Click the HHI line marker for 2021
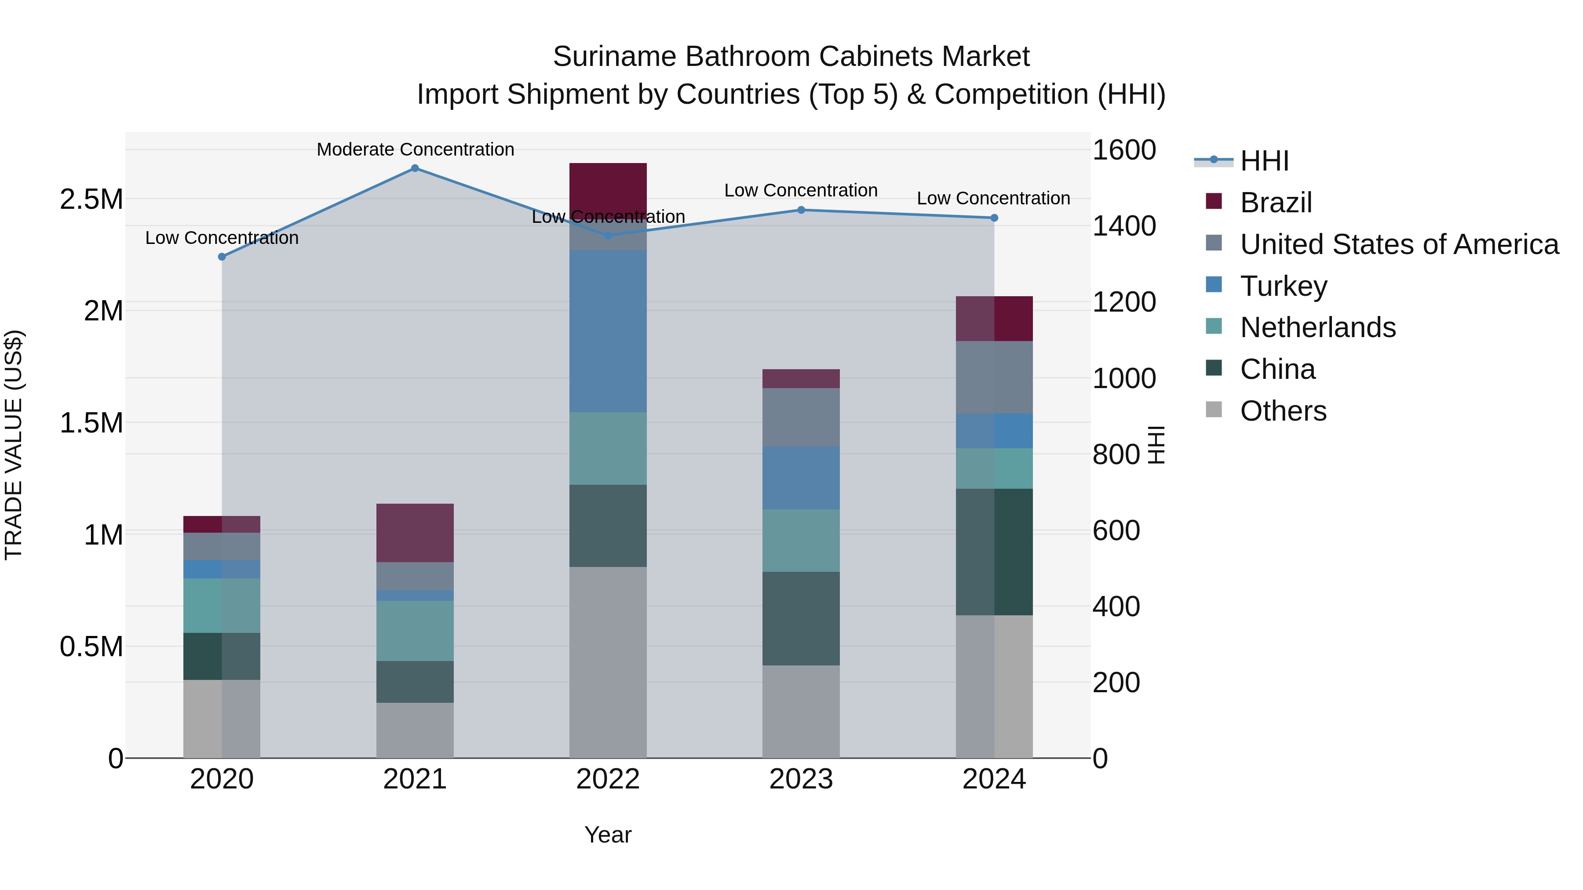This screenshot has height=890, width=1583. (415, 168)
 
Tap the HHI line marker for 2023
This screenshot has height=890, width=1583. (801, 210)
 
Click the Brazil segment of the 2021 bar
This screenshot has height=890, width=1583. (415, 533)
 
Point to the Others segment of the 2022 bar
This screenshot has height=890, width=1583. (608, 662)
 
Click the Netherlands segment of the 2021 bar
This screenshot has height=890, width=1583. (415, 631)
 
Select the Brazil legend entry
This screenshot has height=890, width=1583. (1275, 203)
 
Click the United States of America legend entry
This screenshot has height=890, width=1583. (1399, 244)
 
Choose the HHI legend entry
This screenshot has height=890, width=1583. (1264, 161)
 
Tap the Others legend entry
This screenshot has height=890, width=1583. (1283, 411)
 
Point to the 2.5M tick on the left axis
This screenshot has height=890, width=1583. (91, 200)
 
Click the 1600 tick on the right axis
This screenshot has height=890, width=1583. (1124, 150)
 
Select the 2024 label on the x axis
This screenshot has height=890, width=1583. (994, 779)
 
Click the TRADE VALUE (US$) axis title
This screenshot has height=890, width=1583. (14, 445)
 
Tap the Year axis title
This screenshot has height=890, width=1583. (608, 835)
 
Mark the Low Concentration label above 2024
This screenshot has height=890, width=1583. (993, 198)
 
